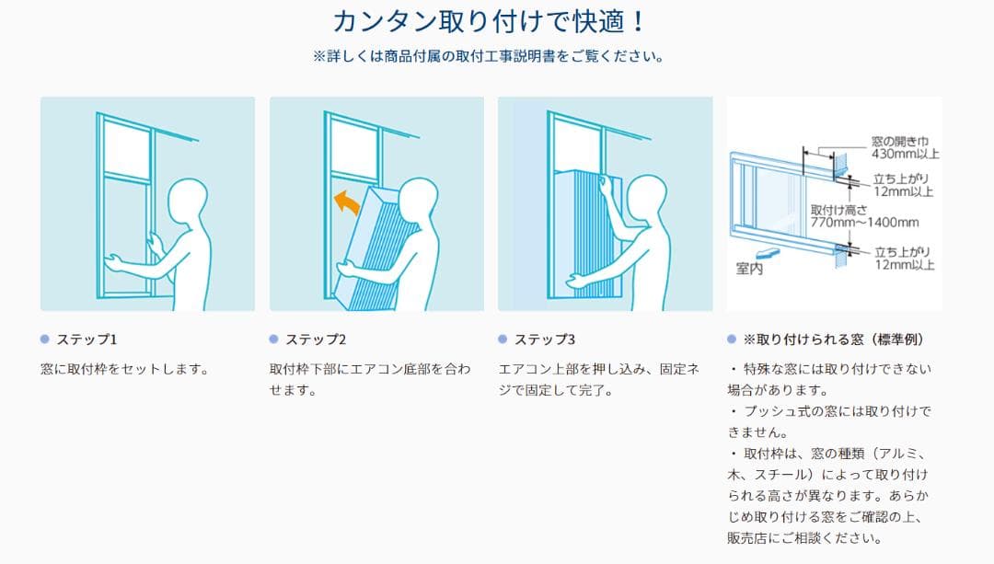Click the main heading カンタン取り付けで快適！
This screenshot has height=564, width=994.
489,21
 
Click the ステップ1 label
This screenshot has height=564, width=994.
87,340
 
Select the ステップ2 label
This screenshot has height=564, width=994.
316,340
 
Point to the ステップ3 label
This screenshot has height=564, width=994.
545,340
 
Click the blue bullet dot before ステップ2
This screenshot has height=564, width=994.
274,339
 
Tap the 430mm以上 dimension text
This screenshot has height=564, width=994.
905,154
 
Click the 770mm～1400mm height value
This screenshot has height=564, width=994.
864,223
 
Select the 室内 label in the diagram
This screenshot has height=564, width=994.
748,269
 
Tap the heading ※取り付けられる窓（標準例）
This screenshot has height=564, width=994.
834,340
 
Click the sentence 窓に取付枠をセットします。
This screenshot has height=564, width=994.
125,369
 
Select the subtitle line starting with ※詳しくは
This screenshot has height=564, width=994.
489,56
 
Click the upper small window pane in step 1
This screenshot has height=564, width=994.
126,150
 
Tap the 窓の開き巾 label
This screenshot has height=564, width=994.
899,142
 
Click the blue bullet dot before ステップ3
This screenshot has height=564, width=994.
503,339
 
